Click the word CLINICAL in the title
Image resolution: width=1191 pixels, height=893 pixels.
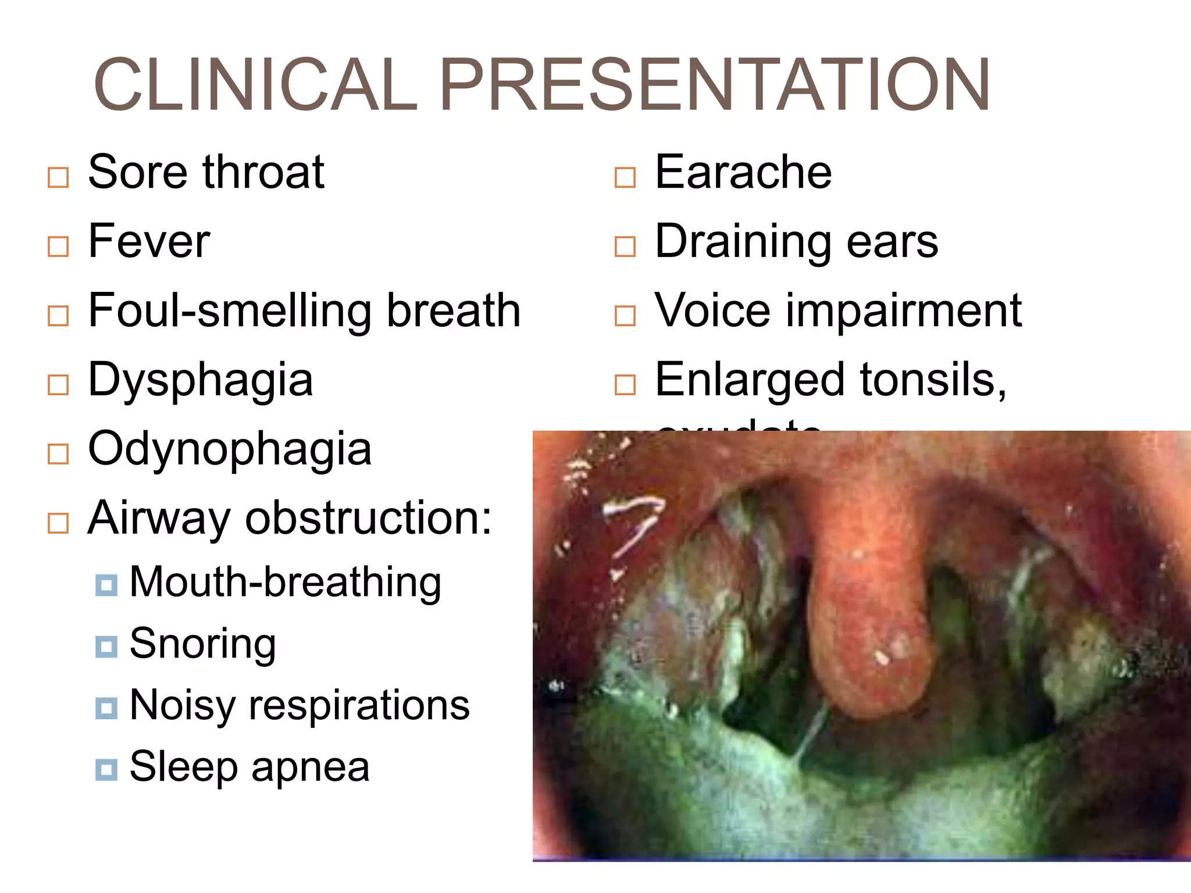255,85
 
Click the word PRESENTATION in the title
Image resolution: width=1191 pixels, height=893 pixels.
715,85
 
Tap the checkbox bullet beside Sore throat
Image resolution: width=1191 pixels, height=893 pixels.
58,178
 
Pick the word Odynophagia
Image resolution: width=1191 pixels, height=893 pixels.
230,449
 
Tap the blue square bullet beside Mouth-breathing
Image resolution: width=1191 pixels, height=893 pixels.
106,585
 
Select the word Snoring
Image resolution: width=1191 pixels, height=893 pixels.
202,644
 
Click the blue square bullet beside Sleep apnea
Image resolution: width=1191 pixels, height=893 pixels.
106,770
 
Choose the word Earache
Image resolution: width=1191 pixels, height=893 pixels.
743,173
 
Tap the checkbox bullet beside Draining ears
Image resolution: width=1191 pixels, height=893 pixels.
625,247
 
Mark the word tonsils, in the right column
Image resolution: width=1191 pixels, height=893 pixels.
933,380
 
